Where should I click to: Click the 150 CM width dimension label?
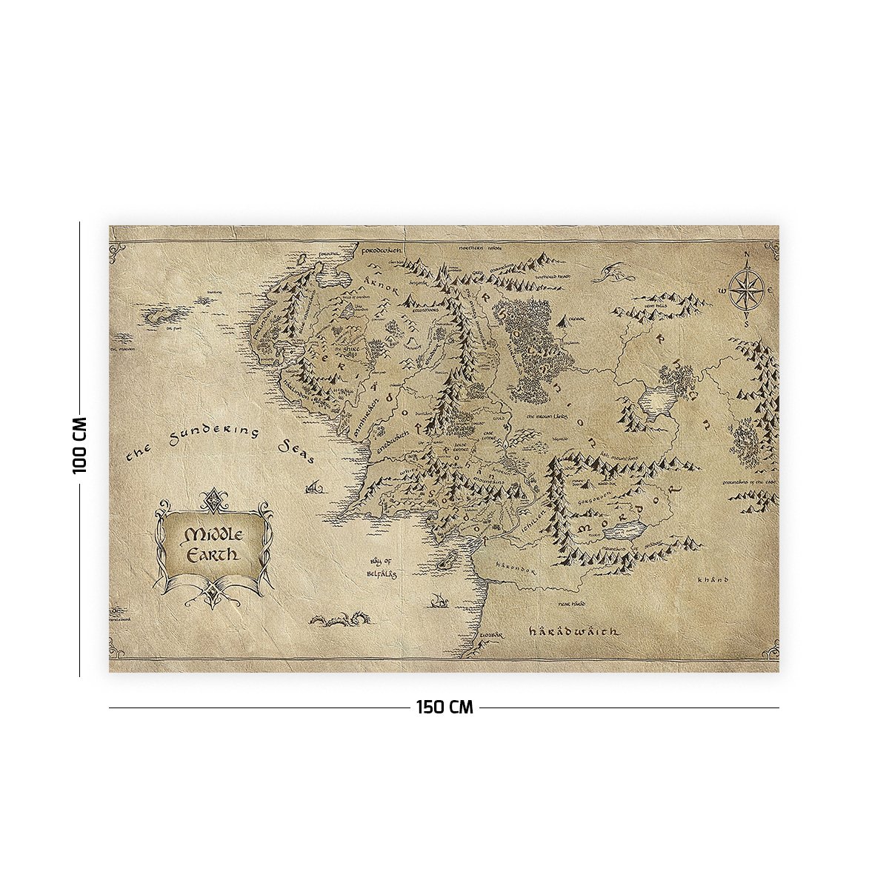coord(444,707)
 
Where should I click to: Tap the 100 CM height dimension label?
coord(80,444)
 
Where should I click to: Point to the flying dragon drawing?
coord(616,273)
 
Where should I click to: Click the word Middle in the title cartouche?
coord(211,535)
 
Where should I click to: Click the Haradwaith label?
coord(573,632)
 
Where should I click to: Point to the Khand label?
coord(713,579)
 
